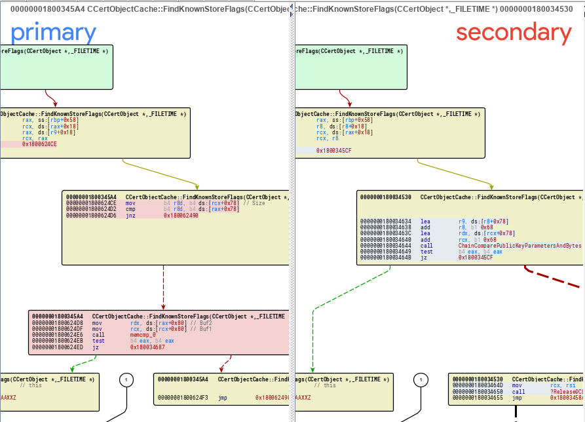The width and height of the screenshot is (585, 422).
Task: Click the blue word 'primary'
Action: (x=54, y=33)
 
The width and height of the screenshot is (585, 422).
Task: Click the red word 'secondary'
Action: (x=514, y=33)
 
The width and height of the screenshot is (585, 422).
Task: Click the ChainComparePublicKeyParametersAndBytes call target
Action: (x=511, y=246)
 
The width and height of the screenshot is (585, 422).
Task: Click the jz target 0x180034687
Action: (x=147, y=347)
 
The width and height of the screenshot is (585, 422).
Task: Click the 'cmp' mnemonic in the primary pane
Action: (x=130, y=209)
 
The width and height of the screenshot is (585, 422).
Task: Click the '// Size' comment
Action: (x=255, y=203)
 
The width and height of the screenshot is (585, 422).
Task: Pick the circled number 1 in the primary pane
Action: (x=126, y=379)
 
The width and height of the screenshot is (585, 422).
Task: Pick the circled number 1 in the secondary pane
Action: (x=421, y=379)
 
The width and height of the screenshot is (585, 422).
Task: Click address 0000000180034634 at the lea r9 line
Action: (x=385, y=221)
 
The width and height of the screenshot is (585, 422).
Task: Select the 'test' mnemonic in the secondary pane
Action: (x=426, y=252)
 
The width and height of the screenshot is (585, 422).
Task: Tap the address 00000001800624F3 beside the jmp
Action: (x=183, y=397)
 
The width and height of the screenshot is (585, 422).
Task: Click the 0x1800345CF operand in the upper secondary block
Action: (x=334, y=151)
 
